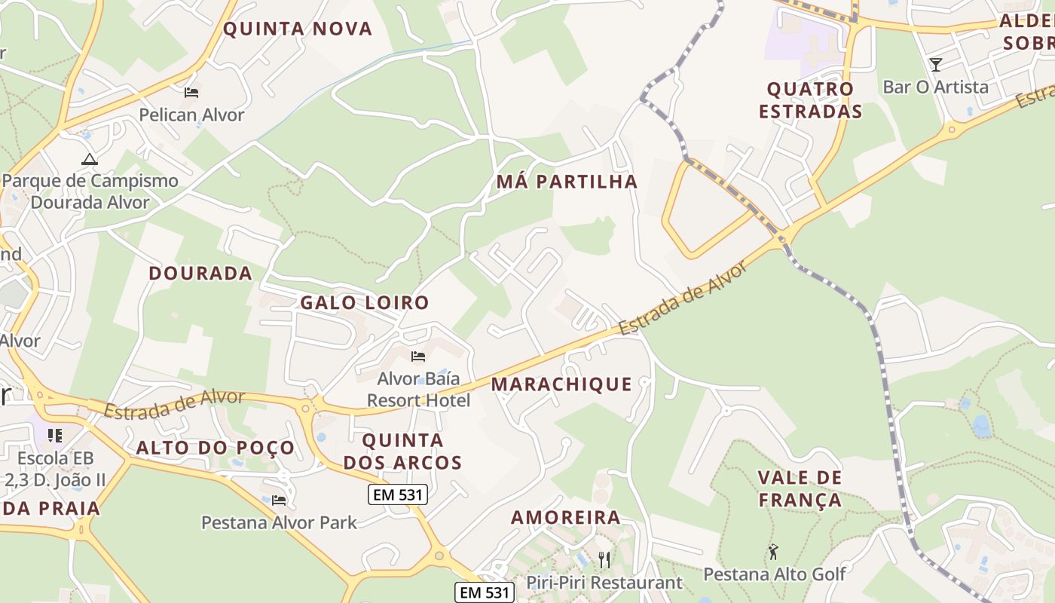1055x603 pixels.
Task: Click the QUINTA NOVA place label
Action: [298, 29]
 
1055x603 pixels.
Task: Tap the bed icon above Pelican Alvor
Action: [191, 93]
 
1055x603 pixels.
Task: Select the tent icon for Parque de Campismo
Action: [90, 159]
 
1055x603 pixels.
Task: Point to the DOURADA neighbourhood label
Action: [200, 273]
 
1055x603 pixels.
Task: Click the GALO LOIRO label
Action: [365, 302]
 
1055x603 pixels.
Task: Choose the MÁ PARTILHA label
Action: [567, 182]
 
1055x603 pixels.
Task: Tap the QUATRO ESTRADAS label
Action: [810, 100]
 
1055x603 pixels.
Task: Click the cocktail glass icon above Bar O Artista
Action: [935, 65]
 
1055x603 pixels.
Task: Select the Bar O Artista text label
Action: [935, 87]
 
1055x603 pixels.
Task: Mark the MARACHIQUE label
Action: [561, 384]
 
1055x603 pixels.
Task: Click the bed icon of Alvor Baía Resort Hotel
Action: [418, 356]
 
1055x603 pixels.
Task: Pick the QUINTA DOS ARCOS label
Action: [402, 451]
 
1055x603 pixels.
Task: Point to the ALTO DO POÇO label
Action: [216, 448]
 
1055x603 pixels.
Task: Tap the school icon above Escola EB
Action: [54, 436]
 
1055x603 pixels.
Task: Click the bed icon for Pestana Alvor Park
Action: [279, 500]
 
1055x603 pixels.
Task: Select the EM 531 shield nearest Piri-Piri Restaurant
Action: [485, 592]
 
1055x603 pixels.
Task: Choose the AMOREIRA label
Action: [566, 517]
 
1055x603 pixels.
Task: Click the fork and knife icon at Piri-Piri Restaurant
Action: [604, 559]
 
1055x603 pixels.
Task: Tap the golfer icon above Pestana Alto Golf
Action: [773, 552]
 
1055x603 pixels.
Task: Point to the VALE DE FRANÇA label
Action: [800, 488]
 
